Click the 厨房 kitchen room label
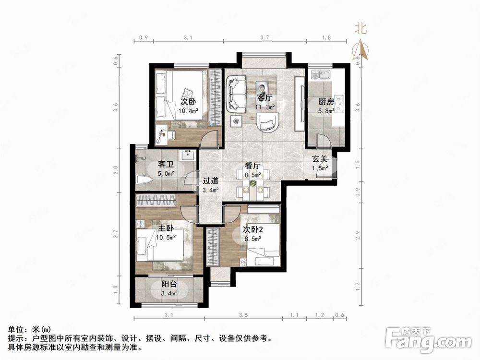pos(325,102)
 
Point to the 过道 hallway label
pos(210,181)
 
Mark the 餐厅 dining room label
pos(252,166)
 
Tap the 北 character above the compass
pos(361,28)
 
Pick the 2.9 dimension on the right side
pos(357,236)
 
